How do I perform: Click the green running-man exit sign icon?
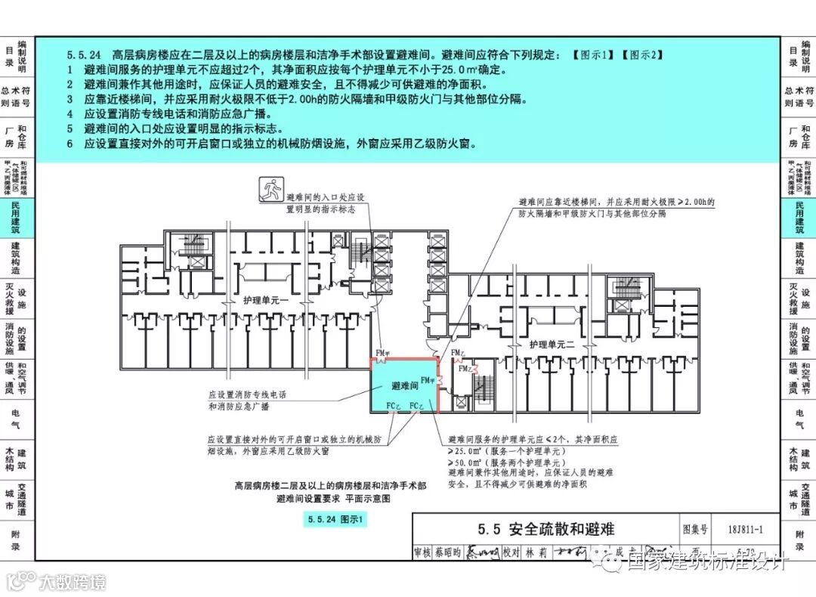(x=270, y=188)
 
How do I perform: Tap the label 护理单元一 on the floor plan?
(x=260, y=300)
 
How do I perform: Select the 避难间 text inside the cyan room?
(x=405, y=385)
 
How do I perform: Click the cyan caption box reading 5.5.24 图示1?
(x=335, y=519)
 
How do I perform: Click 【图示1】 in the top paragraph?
(x=592, y=55)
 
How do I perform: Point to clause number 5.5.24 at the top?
(x=84, y=55)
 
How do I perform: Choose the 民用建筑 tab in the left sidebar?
(x=17, y=218)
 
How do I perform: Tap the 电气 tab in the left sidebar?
(x=17, y=419)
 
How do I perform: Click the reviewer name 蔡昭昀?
(x=447, y=552)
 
